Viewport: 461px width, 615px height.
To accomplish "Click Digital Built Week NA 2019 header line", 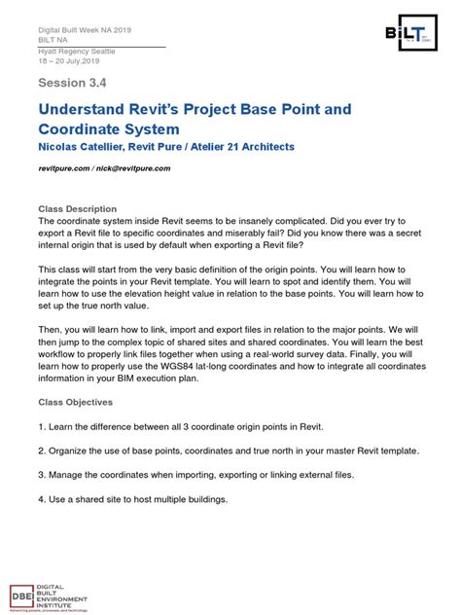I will click(85, 30).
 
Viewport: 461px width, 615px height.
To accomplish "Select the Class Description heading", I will click(77, 209).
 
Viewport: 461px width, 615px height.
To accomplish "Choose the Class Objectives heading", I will click(77, 401).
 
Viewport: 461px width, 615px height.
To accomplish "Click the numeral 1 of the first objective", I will click(41, 426).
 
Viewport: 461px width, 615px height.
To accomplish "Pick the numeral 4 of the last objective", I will click(41, 499).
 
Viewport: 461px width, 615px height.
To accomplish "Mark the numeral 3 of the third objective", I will click(41, 475).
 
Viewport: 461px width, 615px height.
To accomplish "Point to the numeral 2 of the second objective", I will click(41, 451).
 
